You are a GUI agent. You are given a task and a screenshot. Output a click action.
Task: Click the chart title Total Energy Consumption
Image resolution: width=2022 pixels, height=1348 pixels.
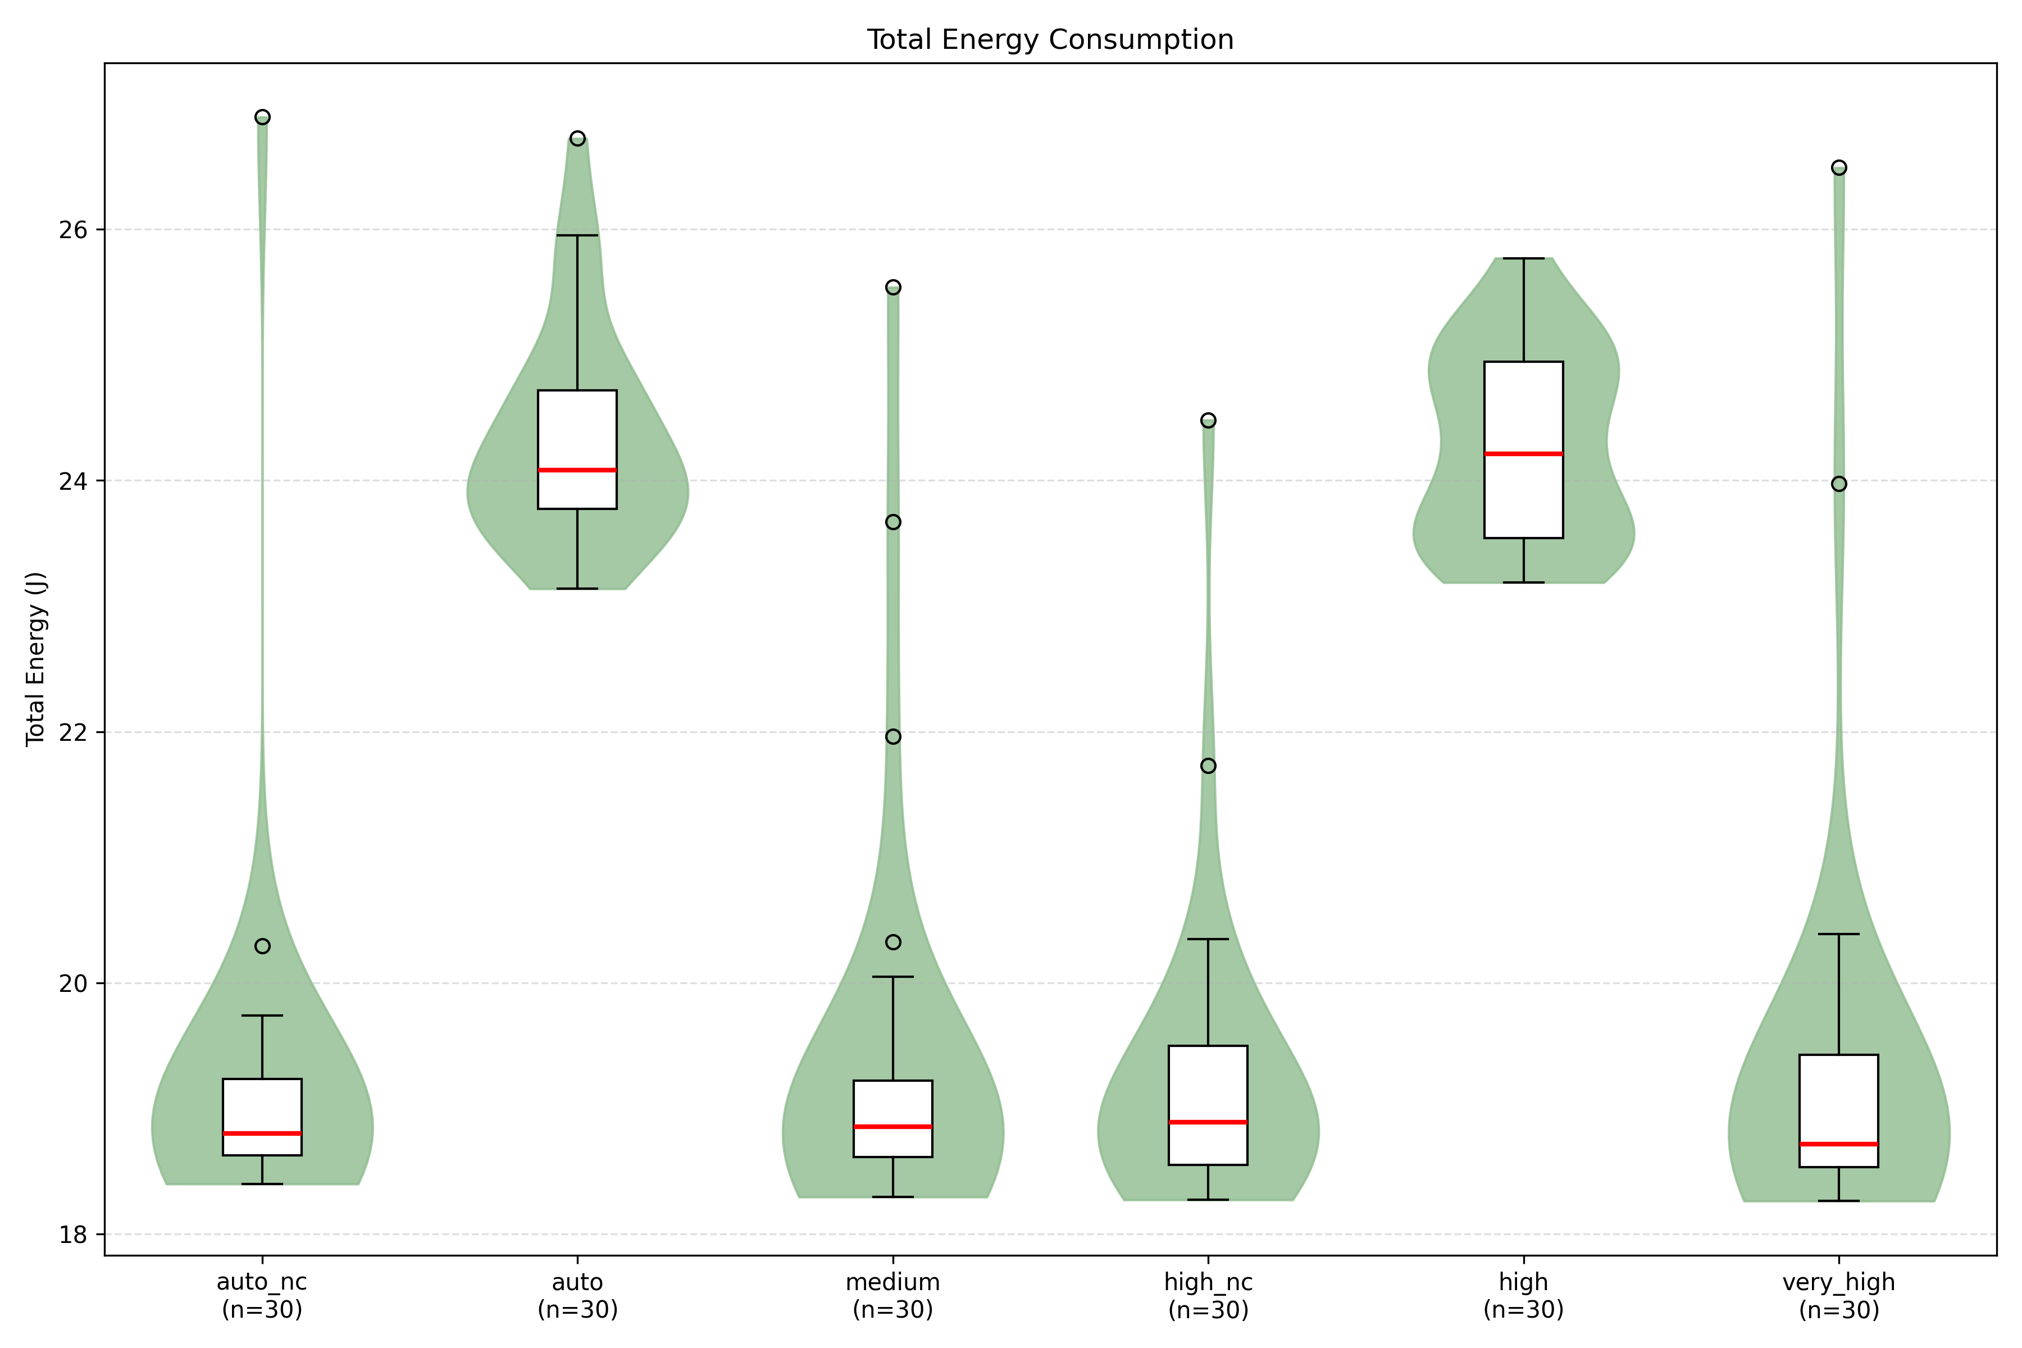(x=1050, y=39)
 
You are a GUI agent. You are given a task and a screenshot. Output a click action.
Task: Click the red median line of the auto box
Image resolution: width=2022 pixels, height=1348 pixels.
(x=577, y=470)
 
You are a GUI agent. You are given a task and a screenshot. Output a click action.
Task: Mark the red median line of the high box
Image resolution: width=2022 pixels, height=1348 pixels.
(x=1523, y=454)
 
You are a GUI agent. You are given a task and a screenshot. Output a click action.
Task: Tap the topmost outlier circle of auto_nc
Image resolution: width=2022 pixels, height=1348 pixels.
(x=262, y=117)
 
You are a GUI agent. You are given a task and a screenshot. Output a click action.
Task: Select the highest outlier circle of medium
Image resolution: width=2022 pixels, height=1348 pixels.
(x=893, y=287)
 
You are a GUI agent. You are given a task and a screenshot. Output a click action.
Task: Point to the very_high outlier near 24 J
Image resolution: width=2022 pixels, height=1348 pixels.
(x=1839, y=484)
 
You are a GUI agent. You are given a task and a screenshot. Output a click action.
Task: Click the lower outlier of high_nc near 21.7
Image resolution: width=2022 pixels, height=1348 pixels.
(x=1208, y=766)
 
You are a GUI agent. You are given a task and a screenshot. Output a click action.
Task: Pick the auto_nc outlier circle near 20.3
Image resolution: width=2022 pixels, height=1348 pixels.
(x=262, y=946)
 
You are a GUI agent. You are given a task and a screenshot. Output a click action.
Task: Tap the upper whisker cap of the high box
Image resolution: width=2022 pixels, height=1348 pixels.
(x=1523, y=258)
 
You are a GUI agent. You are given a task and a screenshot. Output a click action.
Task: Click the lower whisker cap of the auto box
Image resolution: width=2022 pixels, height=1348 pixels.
(x=577, y=589)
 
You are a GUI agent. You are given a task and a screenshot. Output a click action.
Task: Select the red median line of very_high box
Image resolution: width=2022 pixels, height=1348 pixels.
(x=1839, y=1144)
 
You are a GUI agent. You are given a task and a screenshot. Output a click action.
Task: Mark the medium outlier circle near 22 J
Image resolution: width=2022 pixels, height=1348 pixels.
(x=893, y=737)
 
